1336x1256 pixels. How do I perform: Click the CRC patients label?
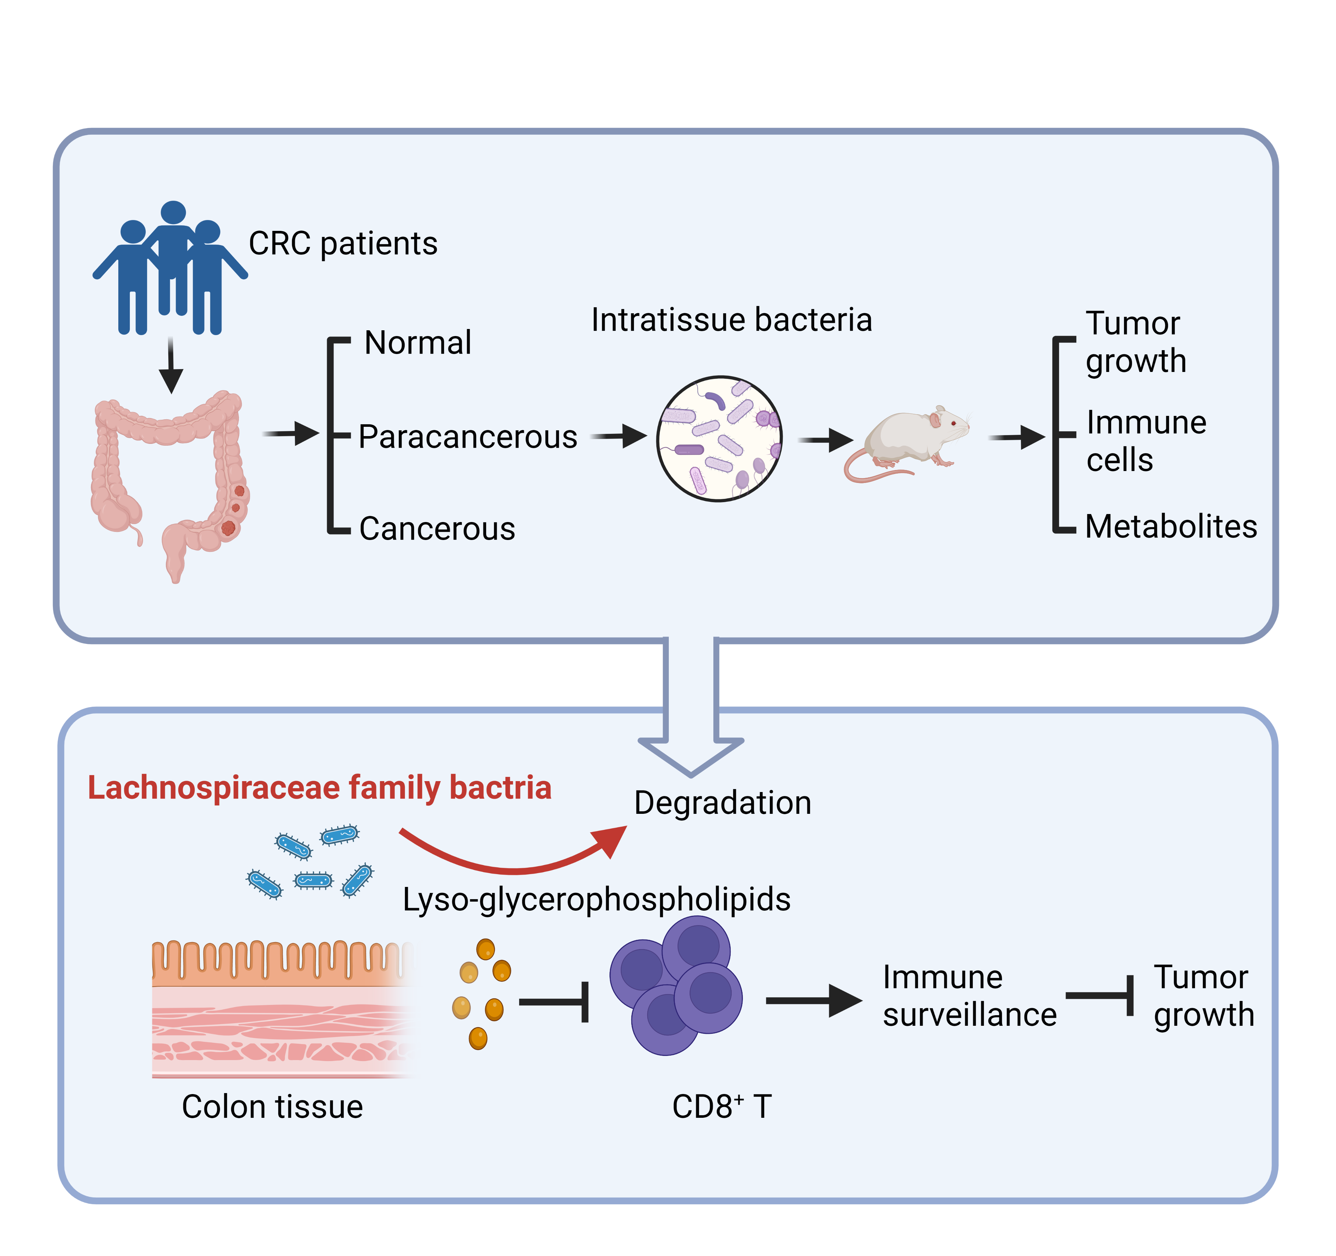[343, 243]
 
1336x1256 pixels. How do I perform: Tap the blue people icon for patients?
[170, 269]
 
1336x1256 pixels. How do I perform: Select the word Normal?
[417, 343]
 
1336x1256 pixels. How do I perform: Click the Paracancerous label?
[468, 437]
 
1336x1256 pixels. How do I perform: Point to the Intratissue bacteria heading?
[731, 320]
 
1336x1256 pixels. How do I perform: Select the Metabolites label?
[1171, 526]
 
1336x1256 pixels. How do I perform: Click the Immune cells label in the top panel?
[1146, 441]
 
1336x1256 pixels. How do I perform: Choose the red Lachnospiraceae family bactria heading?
[319, 788]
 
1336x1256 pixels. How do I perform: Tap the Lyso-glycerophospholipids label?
[596, 899]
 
